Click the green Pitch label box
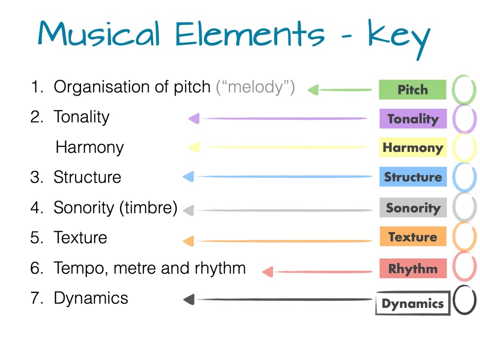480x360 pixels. tap(412, 90)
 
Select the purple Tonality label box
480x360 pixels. tap(413, 119)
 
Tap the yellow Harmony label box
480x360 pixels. tap(413, 147)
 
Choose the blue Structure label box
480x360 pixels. tap(413, 177)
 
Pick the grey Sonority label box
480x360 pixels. tap(413, 208)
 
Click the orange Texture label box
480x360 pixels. tap(413, 236)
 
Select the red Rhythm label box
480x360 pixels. tap(413, 268)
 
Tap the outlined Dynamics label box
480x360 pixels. tap(413, 303)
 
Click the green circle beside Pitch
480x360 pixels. tap(453, 90)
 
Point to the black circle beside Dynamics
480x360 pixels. tap(454, 300)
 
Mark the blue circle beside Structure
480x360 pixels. tap(454, 177)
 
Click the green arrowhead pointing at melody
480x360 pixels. tap(313, 90)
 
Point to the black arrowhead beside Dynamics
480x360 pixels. tap(189, 300)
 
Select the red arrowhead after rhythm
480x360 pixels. tap(268, 272)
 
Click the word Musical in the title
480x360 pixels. tap(99, 34)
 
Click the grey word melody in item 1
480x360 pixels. tap(255, 87)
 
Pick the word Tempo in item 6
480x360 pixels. tap(81, 268)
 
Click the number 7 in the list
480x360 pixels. tap(35, 298)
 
